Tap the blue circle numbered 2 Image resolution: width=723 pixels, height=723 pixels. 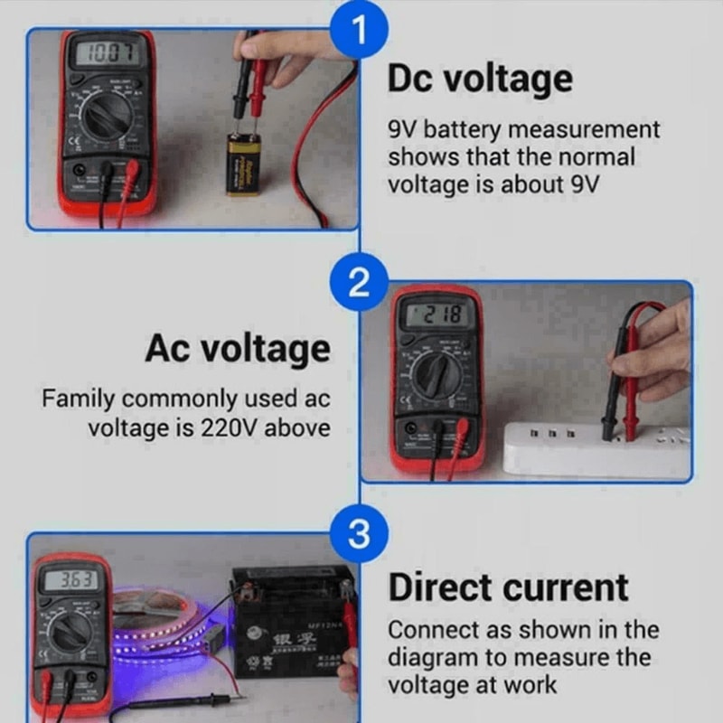(360, 284)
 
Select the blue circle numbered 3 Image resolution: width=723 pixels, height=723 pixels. (360, 535)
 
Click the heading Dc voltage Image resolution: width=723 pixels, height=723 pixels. (480, 80)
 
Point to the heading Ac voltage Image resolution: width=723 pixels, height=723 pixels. (238, 349)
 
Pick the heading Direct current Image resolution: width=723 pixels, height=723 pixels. (508, 587)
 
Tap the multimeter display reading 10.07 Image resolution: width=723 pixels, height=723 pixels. (108, 53)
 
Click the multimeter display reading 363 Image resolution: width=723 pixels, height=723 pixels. (73, 580)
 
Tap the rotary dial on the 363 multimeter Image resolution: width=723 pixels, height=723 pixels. (72, 633)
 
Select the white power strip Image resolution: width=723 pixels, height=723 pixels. (596, 447)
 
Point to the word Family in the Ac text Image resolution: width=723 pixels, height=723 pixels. (79, 399)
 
